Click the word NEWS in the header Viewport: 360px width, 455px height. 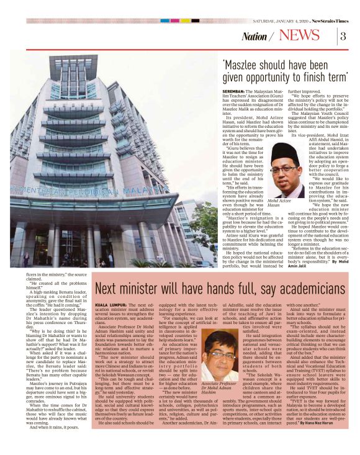(299, 35)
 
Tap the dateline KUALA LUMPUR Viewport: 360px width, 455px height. (112, 307)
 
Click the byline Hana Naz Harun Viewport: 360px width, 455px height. (326, 439)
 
